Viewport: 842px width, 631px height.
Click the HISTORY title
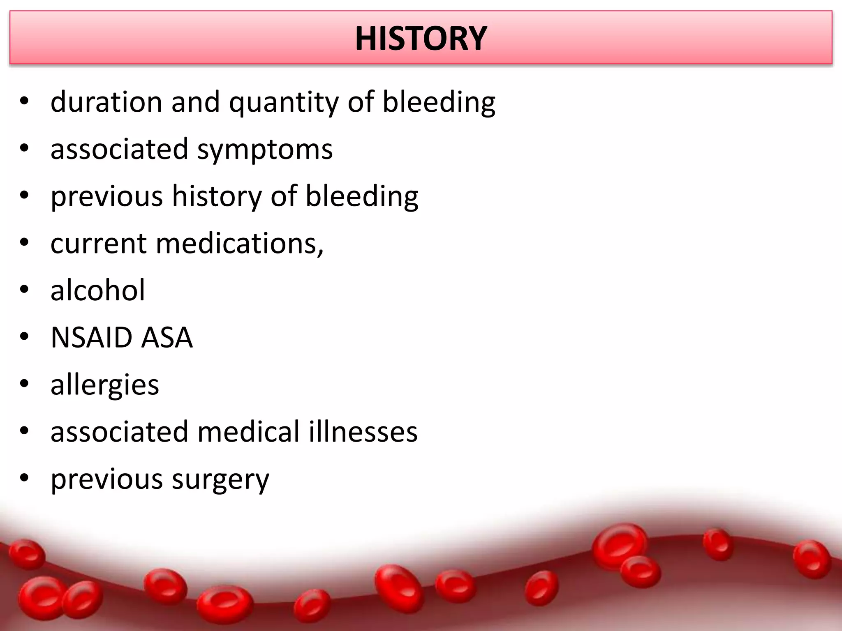pyautogui.click(x=421, y=38)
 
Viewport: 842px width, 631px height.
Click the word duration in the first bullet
pyautogui.click(x=106, y=101)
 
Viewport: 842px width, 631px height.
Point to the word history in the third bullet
pyautogui.click(x=217, y=196)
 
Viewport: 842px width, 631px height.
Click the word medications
pyautogui.click(x=239, y=243)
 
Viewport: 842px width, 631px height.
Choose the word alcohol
pyautogui.click(x=97, y=290)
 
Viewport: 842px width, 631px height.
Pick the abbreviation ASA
pyautogui.click(x=167, y=337)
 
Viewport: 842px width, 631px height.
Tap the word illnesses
pyautogui.click(x=363, y=432)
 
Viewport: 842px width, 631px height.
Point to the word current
pyautogui.click(x=98, y=243)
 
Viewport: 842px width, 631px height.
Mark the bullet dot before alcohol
pyautogui.click(x=24, y=289)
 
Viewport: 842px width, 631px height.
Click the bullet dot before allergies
pyautogui.click(x=24, y=384)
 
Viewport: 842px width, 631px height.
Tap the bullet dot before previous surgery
pyautogui.click(x=24, y=478)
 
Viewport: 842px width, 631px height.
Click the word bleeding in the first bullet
pyautogui.click(x=439, y=101)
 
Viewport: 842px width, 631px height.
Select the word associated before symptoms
pyautogui.click(x=119, y=149)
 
